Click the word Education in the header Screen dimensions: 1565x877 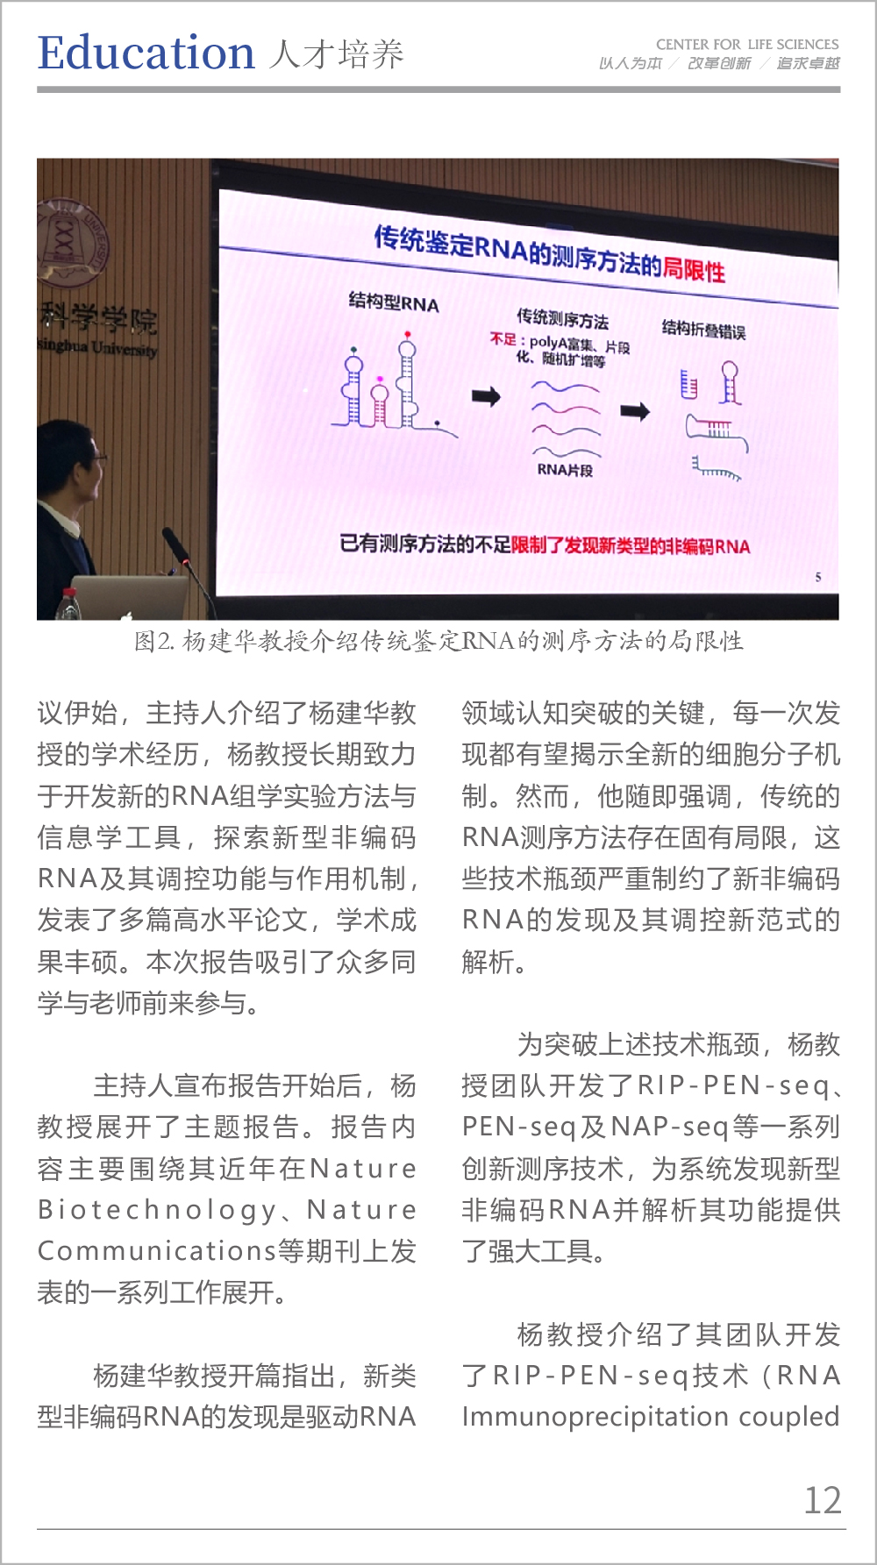click(146, 53)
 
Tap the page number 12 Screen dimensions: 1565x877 click(823, 1500)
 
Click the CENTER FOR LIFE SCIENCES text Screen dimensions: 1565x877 click(747, 44)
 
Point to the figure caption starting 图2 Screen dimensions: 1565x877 click(438, 642)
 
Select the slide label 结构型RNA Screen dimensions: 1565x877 click(394, 303)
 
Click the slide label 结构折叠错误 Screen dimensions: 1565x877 click(703, 330)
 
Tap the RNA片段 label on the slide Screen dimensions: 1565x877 click(565, 470)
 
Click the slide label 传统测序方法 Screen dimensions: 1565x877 click(562, 318)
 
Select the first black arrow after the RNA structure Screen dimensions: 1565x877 click(487, 396)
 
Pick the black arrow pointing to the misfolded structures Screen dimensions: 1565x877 click(636, 411)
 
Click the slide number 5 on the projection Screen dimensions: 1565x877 click(818, 577)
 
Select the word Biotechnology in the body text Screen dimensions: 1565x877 click(158, 1211)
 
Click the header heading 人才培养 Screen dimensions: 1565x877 click(336, 54)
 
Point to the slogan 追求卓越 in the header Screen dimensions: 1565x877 click(808, 63)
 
